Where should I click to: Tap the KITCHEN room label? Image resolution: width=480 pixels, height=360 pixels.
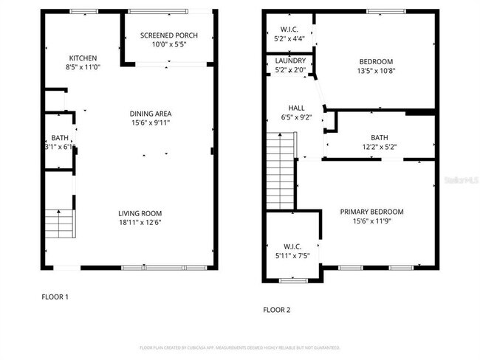(83, 59)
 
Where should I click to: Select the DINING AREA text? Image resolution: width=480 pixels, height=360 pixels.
(151, 114)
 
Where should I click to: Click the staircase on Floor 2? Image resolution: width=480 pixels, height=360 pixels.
(281, 170)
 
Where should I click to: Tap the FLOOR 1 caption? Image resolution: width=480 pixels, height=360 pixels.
(55, 297)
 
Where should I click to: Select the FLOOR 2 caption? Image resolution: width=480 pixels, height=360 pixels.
(277, 311)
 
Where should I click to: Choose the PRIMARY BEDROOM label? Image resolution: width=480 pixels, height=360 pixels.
(371, 212)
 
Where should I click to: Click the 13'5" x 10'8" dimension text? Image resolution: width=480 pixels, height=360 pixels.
(376, 72)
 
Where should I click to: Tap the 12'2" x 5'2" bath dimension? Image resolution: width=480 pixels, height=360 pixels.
(380, 147)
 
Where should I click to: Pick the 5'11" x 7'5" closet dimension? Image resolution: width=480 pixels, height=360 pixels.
(292, 256)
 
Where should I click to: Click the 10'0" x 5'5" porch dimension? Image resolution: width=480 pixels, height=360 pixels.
(169, 45)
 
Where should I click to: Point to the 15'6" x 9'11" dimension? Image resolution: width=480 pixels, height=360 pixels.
(151, 122)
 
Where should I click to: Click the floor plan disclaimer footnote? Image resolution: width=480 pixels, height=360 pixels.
(239, 347)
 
